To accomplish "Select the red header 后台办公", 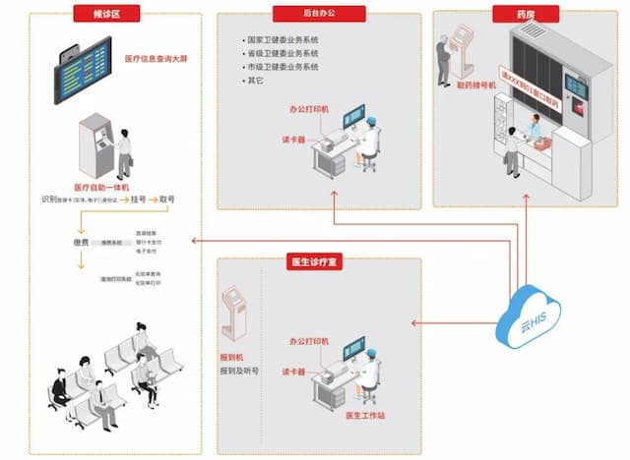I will pyautogui.click(x=318, y=14).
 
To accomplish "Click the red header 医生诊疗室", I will pyautogui.click(x=315, y=263).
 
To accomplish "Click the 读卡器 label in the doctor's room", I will pyautogui.click(x=294, y=373).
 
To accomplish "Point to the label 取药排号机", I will pyautogui.click(x=476, y=86).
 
